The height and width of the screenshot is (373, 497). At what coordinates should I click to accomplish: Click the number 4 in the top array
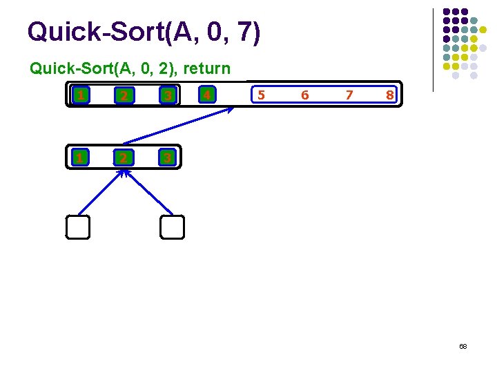point(206,95)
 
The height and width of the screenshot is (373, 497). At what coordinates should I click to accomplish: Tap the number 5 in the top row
point(260,95)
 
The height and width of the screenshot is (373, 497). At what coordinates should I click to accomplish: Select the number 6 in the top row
point(304,95)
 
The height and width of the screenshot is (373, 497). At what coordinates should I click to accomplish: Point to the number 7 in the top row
point(349,95)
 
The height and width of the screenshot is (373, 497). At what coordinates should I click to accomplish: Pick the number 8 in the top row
point(389,95)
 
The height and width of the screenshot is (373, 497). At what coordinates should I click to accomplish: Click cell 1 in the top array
point(81,95)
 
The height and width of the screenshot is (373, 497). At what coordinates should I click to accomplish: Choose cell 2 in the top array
point(123,95)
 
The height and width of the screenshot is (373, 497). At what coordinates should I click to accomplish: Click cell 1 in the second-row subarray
point(80,158)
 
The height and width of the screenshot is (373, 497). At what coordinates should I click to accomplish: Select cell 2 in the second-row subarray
point(123,158)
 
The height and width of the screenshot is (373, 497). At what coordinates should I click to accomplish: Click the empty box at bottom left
point(79,227)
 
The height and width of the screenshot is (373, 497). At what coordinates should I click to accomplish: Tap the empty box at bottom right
point(173,227)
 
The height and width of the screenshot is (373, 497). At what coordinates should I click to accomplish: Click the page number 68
point(463,345)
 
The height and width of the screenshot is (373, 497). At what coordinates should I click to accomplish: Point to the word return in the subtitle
point(206,69)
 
